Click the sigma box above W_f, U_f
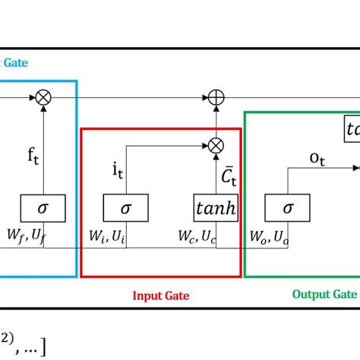coord(43,207)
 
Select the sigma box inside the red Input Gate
coord(126,207)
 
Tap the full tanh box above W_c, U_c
coord(216,207)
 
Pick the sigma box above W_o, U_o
coord(288,207)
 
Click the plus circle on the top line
coord(216,97)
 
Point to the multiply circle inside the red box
coord(216,143)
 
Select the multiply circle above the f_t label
coord(43,97)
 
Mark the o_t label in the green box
coord(317,157)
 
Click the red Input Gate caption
coord(161,296)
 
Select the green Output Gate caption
coord(324,294)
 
